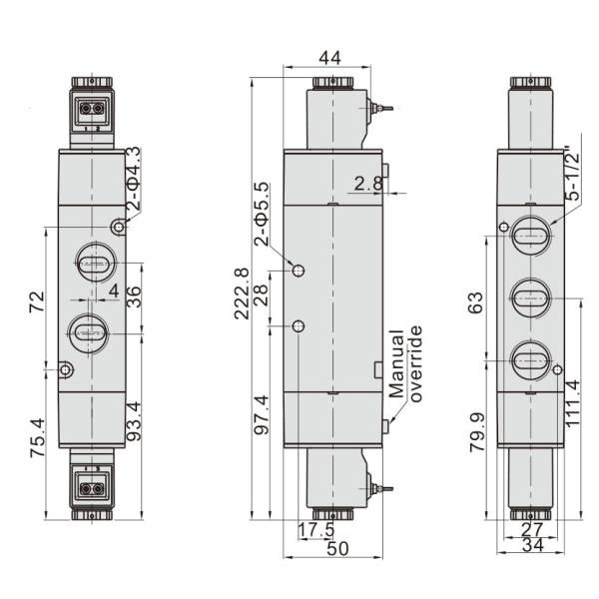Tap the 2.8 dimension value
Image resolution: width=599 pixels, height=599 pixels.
coord(364,183)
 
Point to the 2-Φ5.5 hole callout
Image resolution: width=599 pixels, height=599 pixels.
coord(262,214)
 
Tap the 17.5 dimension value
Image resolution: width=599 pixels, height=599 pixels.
coord(315,529)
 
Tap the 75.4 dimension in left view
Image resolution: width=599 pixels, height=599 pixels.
coord(37,434)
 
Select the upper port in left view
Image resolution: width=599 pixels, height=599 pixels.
coord(94,265)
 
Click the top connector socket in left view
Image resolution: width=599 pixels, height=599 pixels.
coord(93,106)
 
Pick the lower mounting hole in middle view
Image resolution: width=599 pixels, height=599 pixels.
coord(299,326)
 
